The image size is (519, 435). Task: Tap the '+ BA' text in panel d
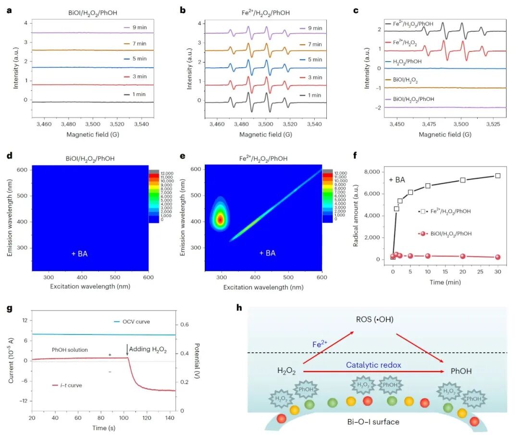(x=80, y=253)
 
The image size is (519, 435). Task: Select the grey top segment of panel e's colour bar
(x=327, y=171)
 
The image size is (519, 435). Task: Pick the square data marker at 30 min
(x=498, y=176)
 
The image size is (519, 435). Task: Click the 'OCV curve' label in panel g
(x=135, y=322)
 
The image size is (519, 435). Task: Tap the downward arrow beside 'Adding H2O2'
(x=127, y=350)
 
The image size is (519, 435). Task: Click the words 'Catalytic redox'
(x=373, y=365)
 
